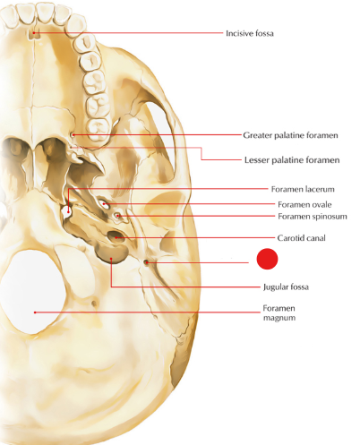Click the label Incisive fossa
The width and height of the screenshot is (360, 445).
(250, 33)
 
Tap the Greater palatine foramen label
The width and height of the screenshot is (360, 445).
(290, 135)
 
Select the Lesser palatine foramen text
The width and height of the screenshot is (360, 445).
(292, 160)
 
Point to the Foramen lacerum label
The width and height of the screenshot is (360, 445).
(303, 189)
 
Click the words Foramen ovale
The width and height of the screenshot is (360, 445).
(304, 204)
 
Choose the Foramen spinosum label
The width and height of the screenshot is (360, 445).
(313, 216)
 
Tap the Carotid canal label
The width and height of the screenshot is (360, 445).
(301, 238)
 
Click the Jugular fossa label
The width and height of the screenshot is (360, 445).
(286, 287)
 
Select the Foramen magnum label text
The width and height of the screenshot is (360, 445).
(279, 312)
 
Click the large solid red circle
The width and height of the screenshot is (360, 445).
(267, 259)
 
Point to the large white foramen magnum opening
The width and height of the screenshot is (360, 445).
(33, 292)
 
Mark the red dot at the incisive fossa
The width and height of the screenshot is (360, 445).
(34, 32)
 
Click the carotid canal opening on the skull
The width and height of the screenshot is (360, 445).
(115, 236)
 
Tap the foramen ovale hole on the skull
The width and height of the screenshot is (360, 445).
(104, 204)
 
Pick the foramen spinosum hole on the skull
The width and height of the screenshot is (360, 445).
(117, 215)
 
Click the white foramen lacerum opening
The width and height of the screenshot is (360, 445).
(66, 211)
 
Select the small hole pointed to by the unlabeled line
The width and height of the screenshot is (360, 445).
(146, 262)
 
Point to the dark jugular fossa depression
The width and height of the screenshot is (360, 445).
(112, 253)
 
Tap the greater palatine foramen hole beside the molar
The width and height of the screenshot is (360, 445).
(73, 135)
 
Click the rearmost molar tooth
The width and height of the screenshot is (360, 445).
(99, 128)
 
